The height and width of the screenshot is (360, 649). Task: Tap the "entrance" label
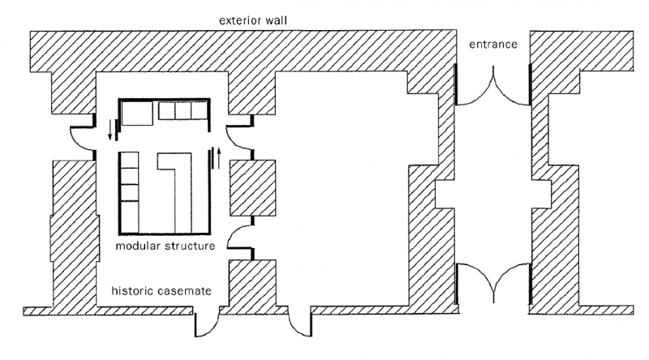pos(492,44)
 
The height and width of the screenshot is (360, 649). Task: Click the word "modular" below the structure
pos(137,246)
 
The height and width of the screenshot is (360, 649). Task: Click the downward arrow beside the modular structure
pos(110,126)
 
